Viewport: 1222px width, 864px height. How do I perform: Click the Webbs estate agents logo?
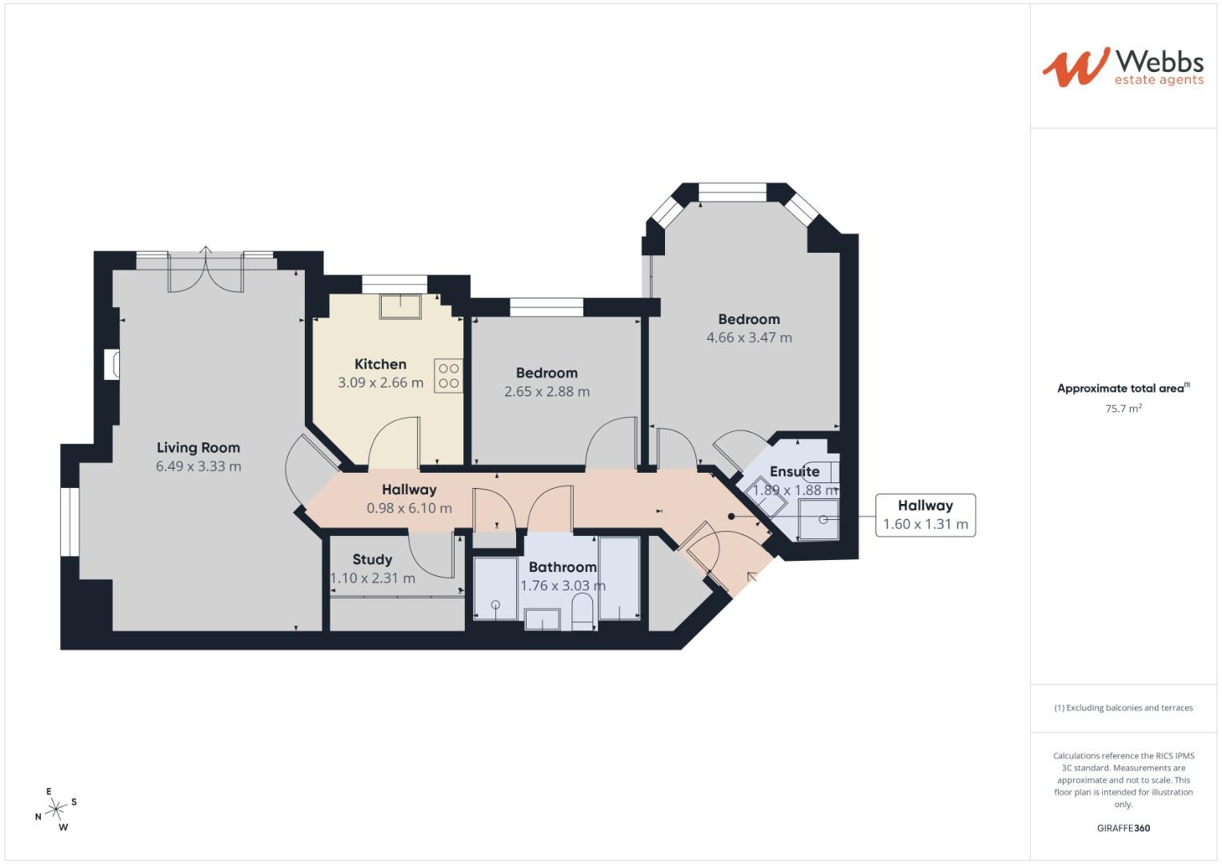(1122, 66)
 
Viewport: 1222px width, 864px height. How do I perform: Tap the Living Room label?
(198, 448)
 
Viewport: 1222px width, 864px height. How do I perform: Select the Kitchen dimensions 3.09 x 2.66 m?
(380, 383)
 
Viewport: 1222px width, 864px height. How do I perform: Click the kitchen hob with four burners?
(449, 376)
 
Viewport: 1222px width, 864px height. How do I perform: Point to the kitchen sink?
(400, 306)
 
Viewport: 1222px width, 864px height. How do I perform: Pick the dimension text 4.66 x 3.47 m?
(749, 338)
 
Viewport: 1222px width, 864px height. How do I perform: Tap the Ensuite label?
(794, 472)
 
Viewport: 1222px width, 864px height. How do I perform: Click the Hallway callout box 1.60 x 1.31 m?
(925, 515)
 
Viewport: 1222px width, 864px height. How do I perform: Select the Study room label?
(372, 560)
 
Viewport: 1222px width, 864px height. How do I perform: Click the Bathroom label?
(562, 567)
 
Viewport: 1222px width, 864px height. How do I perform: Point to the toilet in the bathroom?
(583, 613)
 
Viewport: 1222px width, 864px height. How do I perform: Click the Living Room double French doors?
(206, 270)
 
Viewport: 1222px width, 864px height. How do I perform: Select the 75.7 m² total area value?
(1123, 409)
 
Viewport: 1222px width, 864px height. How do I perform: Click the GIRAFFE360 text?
(1123, 828)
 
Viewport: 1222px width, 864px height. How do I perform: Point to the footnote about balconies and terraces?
(1123, 708)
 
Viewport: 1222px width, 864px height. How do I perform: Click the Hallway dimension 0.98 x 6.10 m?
(409, 508)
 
